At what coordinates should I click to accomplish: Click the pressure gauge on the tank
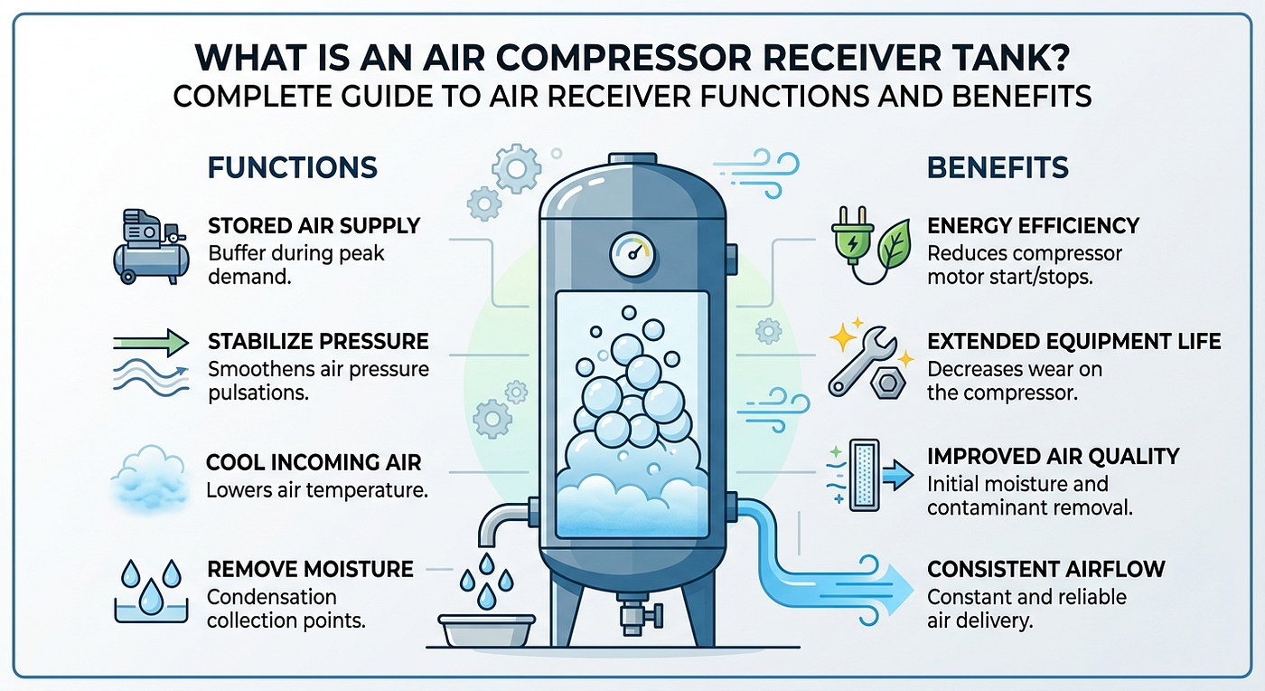click(x=632, y=254)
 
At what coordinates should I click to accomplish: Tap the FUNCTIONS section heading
click(x=293, y=168)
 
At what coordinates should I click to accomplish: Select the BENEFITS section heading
click(x=998, y=168)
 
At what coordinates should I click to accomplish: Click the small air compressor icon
click(x=152, y=247)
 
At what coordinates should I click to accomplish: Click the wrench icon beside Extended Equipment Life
click(x=862, y=360)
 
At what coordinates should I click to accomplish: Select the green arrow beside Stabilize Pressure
click(x=151, y=343)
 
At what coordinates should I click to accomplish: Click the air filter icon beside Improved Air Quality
click(x=865, y=476)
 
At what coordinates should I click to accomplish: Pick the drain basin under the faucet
click(x=487, y=630)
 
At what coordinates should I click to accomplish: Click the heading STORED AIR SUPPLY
click(x=314, y=226)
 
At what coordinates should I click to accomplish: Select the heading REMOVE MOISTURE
click(x=310, y=570)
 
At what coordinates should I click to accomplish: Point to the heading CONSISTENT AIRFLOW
click(x=1046, y=570)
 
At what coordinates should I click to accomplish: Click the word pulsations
click(x=258, y=393)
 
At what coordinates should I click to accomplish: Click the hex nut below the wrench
click(x=887, y=383)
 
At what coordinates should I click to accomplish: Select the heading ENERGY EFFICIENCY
click(x=1034, y=226)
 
